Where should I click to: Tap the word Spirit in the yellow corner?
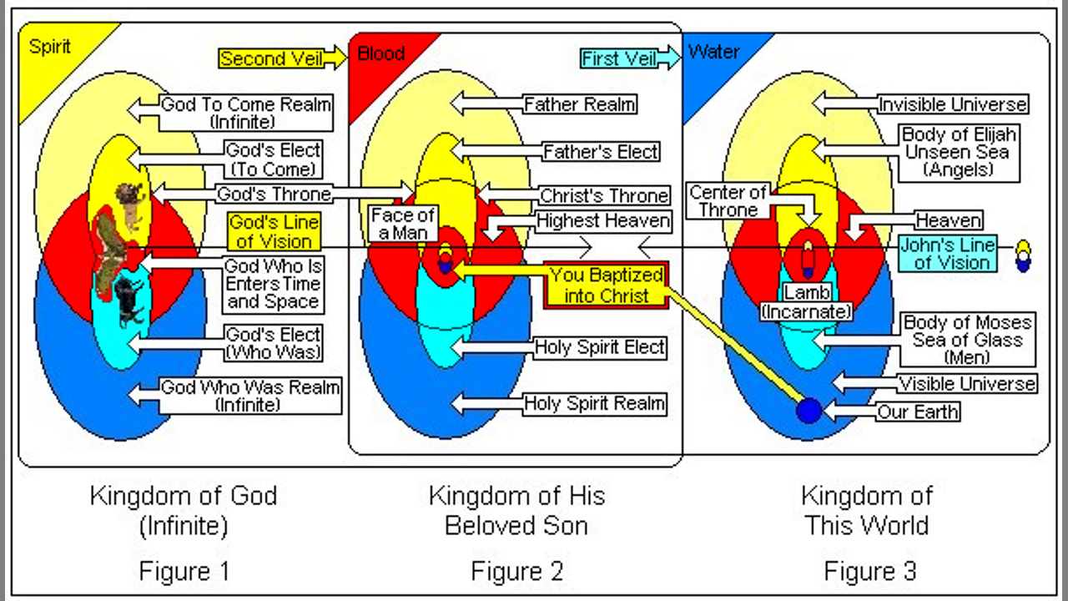pyautogui.click(x=50, y=47)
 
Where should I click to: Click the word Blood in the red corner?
pyautogui.click(x=380, y=53)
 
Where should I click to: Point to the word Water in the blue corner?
pyautogui.click(x=713, y=52)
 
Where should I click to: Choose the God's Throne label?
pyautogui.click(x=274, y=194)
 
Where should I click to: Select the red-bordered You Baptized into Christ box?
pyautogui.click(x=606, y=285)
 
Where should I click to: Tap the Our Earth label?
pyautogui.click(x=918, y=412)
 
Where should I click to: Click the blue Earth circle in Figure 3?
pyautogui.click(x=809, y=411)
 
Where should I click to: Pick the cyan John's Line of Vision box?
pyautogui.click(x=947, y=254)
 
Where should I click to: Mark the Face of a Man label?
pyautogui.click(x=402, y=224)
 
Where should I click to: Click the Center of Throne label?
pyautogui.click(x=728, y=202)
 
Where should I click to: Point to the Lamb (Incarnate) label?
pyautogui.click(x=806, y=303)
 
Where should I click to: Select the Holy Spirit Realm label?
pyautogui.click(x=594, y=404)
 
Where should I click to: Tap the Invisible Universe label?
pyautogui.click(x=952, y=105)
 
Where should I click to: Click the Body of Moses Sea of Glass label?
pyautogui.click(x=968, y=339)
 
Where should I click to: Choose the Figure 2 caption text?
pyautogui.click(x=517, y=572)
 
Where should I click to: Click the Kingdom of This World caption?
pyautogui.click(x=866, y=510)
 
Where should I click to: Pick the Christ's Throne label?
pyautogui.click(x=604, y=196)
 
